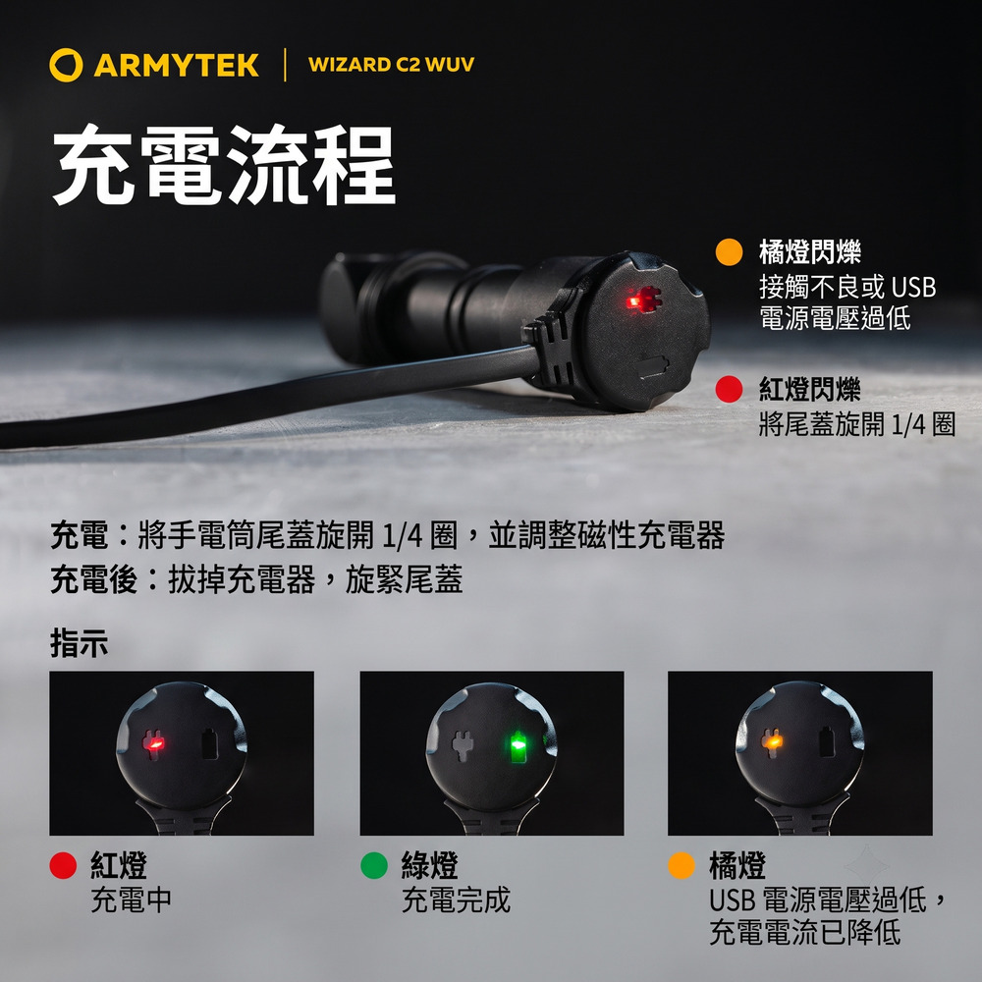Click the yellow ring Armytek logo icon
(66, 65)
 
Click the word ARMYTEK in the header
(176, 65)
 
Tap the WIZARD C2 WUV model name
(391, 65)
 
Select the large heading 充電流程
(224, 164)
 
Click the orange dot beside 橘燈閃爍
(729, 251)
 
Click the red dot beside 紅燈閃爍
(729, 389)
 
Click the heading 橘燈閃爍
(810, 251)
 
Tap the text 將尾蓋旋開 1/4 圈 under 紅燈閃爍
(856, 424)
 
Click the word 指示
(79, 643)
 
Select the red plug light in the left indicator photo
(153, 744)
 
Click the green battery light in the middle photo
(518, 746)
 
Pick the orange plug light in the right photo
(772, 742)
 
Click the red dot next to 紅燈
(63, 865)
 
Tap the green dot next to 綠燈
(374, 865)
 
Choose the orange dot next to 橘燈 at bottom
(682, 865)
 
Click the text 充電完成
(456, 900)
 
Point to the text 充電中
(131, 900)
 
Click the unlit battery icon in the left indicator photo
(209, 744)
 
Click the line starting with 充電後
(256, 579)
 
